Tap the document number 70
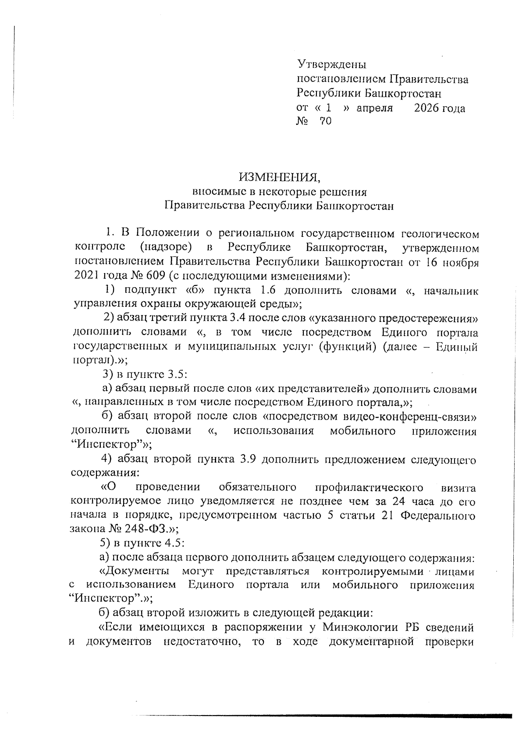point(326,121)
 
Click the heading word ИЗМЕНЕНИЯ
point(279,178)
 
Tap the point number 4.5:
point(174,543)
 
